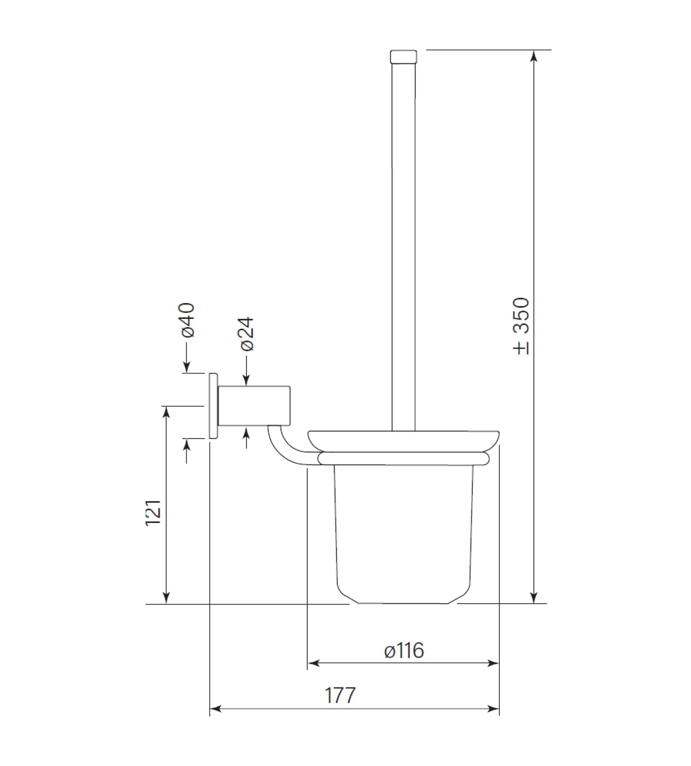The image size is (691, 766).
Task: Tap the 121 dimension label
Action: click(154, 513)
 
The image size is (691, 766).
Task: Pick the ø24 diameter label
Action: click(247, 333)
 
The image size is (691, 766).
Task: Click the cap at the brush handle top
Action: click(404, 56)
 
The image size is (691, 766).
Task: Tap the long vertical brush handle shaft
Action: click(404, 247)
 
